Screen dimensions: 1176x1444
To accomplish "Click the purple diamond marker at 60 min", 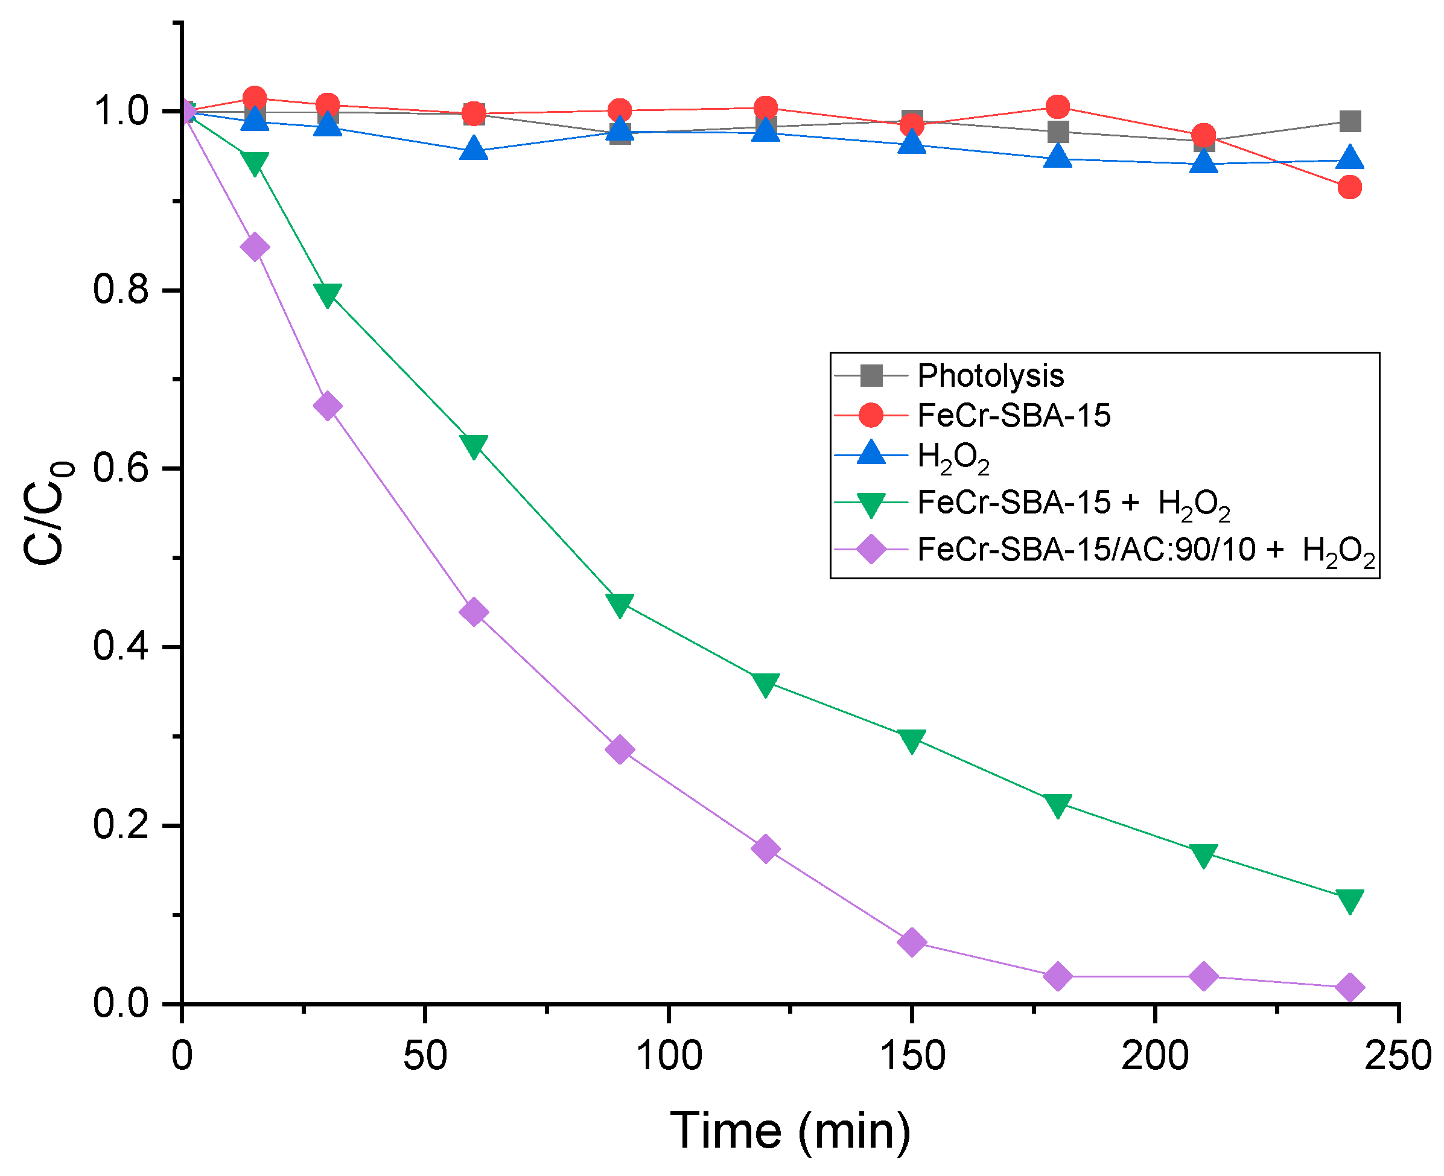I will point(474,612).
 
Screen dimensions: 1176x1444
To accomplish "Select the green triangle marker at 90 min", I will point(620,603).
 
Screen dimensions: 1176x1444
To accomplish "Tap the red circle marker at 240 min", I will point(1349,187).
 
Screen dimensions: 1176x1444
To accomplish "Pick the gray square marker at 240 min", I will point(1350,122).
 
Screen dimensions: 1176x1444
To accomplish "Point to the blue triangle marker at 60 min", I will point(474,148).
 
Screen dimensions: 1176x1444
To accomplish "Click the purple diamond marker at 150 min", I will point(912,942).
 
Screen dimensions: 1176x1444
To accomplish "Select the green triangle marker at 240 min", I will point(1349,900).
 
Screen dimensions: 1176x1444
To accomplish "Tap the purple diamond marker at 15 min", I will point(255,247).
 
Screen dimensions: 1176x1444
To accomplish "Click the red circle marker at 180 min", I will point(1057,107).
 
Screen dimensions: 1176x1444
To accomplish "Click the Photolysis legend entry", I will point(990,375).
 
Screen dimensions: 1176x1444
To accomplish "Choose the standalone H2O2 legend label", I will point(953,457).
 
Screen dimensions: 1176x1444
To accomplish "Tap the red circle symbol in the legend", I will point(871,415).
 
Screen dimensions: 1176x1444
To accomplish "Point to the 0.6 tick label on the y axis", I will point(121,468).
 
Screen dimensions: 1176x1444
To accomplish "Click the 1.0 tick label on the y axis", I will point(121,111).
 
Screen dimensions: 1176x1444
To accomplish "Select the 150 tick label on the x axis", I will point(912,1056).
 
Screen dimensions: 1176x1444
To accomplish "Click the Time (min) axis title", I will point(790,1130).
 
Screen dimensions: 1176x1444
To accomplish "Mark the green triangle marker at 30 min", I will point(328,294).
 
